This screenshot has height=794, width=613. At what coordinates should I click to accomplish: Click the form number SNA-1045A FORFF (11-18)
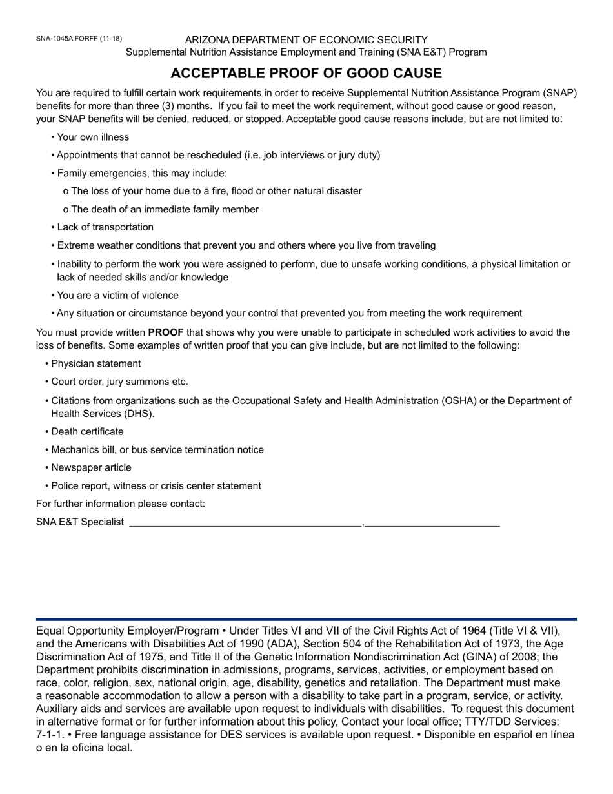pos(79,39)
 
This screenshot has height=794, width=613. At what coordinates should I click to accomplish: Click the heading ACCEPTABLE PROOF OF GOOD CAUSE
pos(306,73)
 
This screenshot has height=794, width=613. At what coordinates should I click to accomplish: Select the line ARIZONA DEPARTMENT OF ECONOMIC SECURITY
pos(306,40)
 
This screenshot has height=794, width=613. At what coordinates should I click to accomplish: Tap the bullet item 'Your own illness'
pos(93,137)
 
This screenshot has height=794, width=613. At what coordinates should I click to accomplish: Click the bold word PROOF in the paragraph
pos(166,332)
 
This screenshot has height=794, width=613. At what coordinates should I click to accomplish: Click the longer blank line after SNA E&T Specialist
pos(245,525)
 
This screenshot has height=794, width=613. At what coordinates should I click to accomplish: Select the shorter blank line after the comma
pos(432,525)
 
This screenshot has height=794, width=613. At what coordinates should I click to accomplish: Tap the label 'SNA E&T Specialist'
pos(80,522)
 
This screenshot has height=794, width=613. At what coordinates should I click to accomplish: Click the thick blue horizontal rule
pos(306,619)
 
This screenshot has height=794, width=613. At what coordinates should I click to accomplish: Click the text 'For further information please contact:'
pos(121,504)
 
